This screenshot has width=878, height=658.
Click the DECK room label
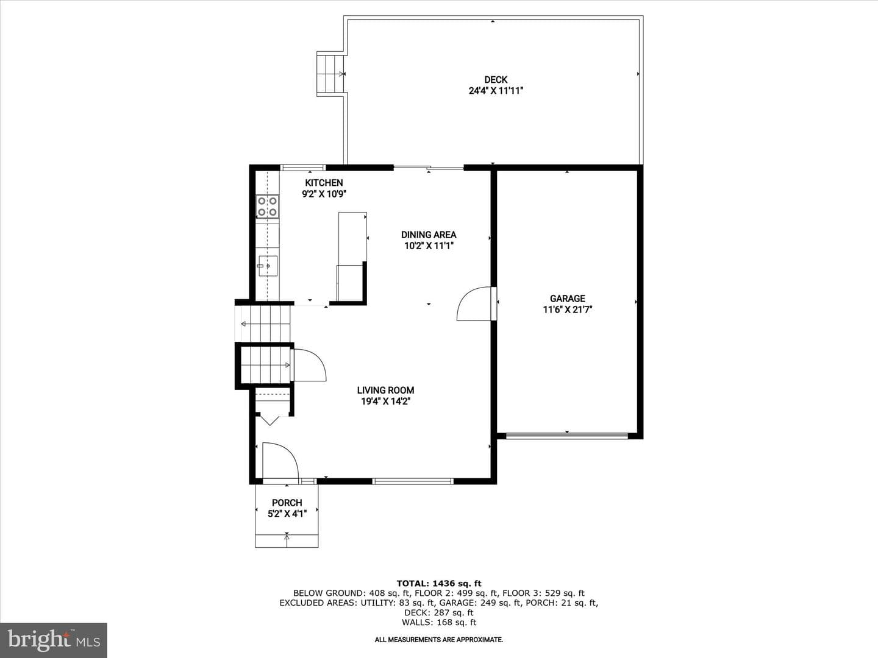point(496,80)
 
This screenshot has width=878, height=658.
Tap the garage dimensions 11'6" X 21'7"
point(567,310)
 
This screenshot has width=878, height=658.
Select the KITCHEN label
point(324,183)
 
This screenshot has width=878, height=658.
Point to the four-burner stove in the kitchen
point(268,207)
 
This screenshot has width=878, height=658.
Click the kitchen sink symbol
point(268,266)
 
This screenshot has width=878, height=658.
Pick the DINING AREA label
point(429,235)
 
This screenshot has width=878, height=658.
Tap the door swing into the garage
point(474,303)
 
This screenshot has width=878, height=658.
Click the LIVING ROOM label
point(385,391)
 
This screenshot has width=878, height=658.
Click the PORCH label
point(287,503)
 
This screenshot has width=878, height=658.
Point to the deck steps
point(331,74)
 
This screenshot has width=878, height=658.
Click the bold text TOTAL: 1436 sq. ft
point(439,584)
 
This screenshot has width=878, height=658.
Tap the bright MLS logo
point(54,640)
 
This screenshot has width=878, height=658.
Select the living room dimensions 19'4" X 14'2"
point(385,402)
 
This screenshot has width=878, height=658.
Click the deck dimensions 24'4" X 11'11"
point(496,91)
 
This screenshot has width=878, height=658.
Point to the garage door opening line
point(567,436)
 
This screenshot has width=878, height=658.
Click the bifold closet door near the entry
point(270,420)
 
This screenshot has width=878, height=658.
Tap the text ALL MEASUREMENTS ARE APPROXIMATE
point(439,640)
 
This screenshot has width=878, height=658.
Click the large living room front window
point(412,481)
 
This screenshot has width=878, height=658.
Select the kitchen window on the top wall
point(302,168)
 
